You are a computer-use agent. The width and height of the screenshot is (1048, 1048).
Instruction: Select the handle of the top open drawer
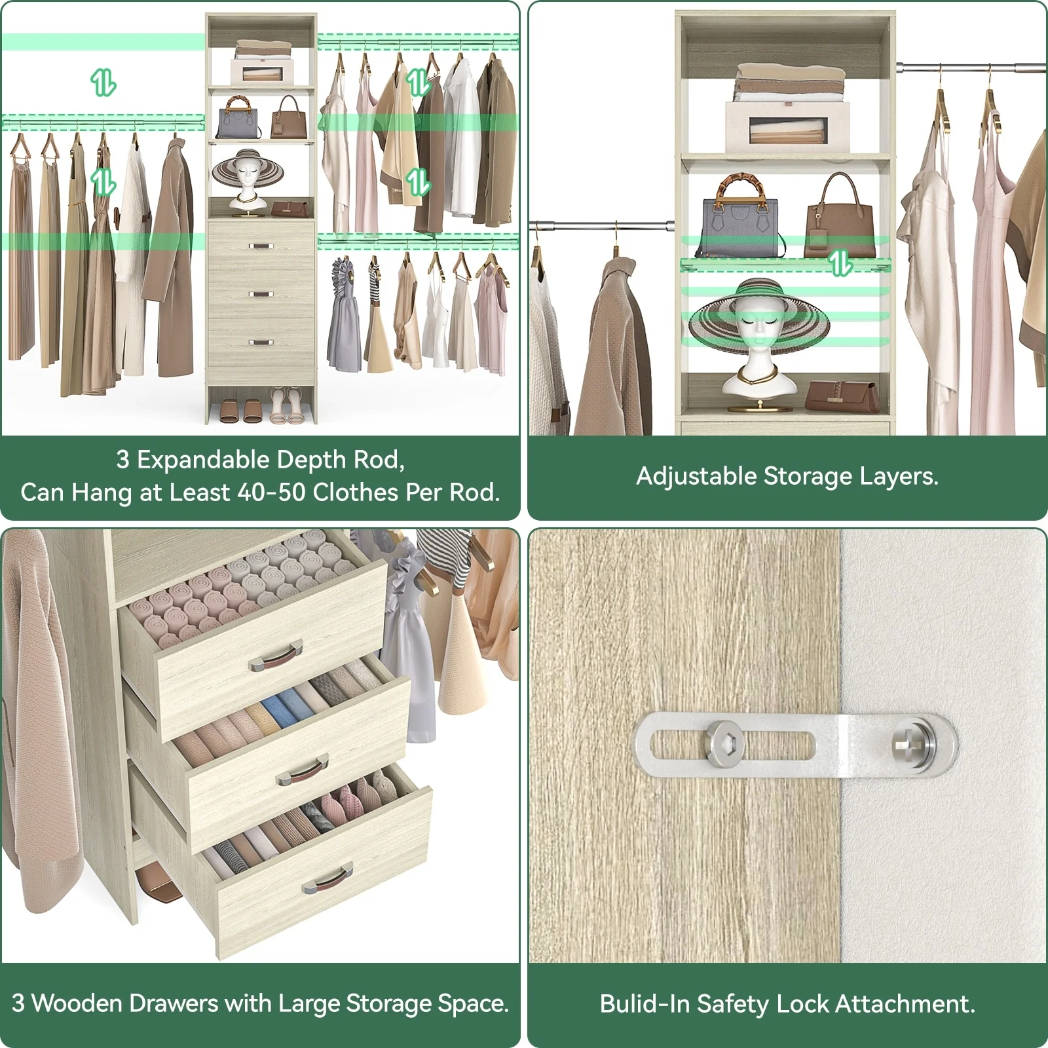coord(275,656)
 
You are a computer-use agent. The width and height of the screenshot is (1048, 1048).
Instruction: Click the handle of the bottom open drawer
coord(327,878)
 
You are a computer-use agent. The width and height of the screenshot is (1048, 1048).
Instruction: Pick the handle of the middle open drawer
coord(302,771)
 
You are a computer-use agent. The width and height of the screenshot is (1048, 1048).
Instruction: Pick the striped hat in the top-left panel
coord(248,169)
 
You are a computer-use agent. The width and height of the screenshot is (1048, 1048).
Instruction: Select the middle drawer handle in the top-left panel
coord(261,294)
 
